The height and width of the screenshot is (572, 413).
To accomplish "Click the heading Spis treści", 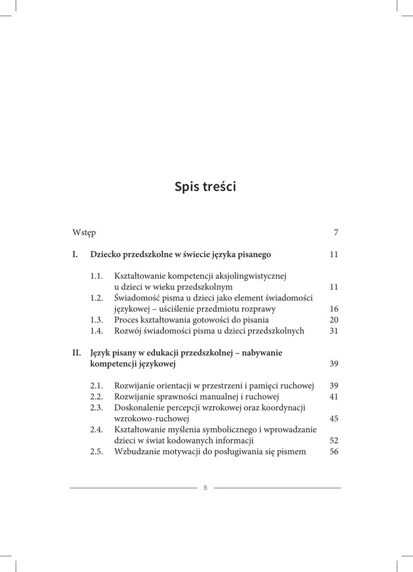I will click(x=205, y=187).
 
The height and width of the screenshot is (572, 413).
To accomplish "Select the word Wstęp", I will click(x=84, y=233).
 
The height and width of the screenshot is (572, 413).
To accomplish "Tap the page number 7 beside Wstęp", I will click(x=336, y=232).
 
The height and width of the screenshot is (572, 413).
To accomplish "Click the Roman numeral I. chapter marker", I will click(x=75, y=255).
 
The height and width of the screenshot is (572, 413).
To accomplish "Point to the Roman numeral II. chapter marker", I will click(x=77, y=353).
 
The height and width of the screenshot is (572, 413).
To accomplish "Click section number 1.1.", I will click(x=97, y=276).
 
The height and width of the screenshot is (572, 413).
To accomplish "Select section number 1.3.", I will click(x=97, y=320).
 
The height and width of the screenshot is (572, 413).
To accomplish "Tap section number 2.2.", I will click(x=97, y=397).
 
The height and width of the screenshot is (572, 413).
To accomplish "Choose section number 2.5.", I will click(x=97, y=451).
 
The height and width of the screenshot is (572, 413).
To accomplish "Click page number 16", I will click(x=334, y=309).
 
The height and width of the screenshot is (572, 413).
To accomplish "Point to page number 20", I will click(x=334, y=320).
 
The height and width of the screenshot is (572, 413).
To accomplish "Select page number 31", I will click(x=334, y=331).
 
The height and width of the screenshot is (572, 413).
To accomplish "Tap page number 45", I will click(x=334, y=418).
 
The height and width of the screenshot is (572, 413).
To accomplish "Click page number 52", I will click(x=334, y=440).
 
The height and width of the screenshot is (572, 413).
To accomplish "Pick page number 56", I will click(x=334, y=451).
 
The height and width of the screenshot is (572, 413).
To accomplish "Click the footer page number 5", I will click(x=205, y=488).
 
